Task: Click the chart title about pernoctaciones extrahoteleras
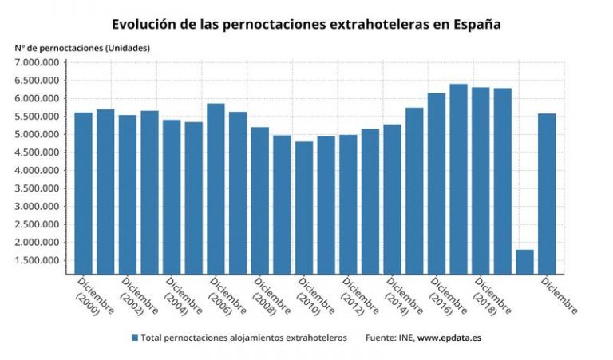click(x=306, y=24)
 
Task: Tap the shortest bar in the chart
click(x=524, y=262)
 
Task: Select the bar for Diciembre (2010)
click(x=304, y=208)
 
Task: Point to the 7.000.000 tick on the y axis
click(x=38, y=62)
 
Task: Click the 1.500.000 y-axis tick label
click(x=38, y=260)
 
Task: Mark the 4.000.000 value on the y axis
click(x=38, y=170)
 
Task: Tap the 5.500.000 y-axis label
click(x=38, y=117)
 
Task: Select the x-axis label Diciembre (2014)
click(x=401, y=295)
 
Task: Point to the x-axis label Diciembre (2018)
click(x=489, y=295)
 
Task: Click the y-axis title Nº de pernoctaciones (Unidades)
click(x=82, y=48)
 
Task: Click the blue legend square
click(x=135, y=338)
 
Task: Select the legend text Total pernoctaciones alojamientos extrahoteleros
click(x=243, y=338)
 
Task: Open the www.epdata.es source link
click(x=449, y=338)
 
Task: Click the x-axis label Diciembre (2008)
click(x=269, y=295)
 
